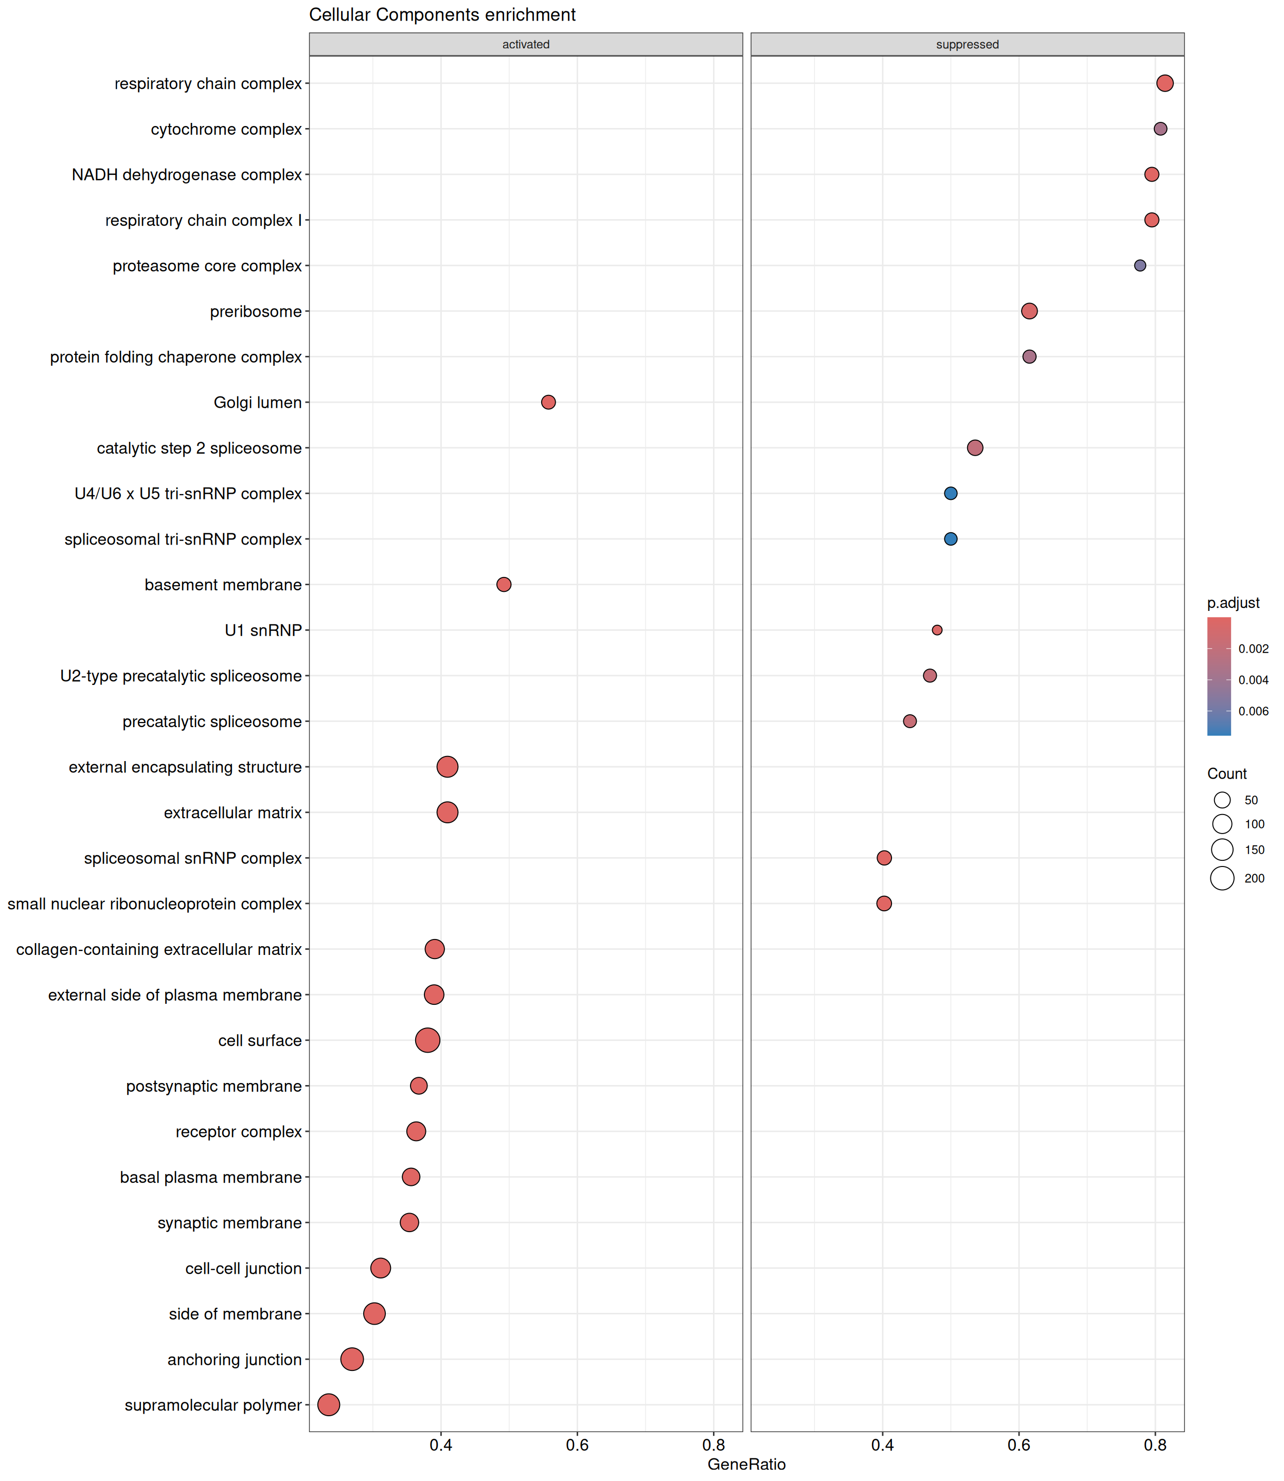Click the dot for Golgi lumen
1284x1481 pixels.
pyautogui.click(x=548, y=403)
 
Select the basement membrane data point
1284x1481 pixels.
pyautogui.click(x=504, y=584)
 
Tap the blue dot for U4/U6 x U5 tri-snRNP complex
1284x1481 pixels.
pyautogui.click(x=950, y=494)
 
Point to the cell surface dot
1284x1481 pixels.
pyautogui.click(x=428, y=1041)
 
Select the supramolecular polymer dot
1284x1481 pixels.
pyautogui.click(x=328, y=1405)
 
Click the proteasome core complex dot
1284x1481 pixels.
pyautogui.click(x=1139, y=266)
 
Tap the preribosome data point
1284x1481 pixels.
pyautogui.click(x=1029, y=311)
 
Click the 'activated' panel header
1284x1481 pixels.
pyautogui.click(x=525, y=44)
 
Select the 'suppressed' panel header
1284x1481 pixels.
pyautogui.click(x=967, y=44)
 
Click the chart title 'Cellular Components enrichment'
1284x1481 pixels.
pyautogui.click(x=442, y=15)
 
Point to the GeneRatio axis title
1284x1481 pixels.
pyautogui.click(x=746, y=1465)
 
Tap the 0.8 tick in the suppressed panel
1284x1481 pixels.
pyautogui.click(x=1155, y=1445)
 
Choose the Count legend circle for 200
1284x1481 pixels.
pyautogui.click(x=1222, y=878)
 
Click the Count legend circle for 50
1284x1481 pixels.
pyautogui.click(x=1222, y=800)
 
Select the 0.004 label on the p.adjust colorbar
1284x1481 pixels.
pyautogui.click(x=1253, y=680)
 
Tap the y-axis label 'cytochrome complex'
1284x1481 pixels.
pyautogui.click(x=226, y=130)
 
